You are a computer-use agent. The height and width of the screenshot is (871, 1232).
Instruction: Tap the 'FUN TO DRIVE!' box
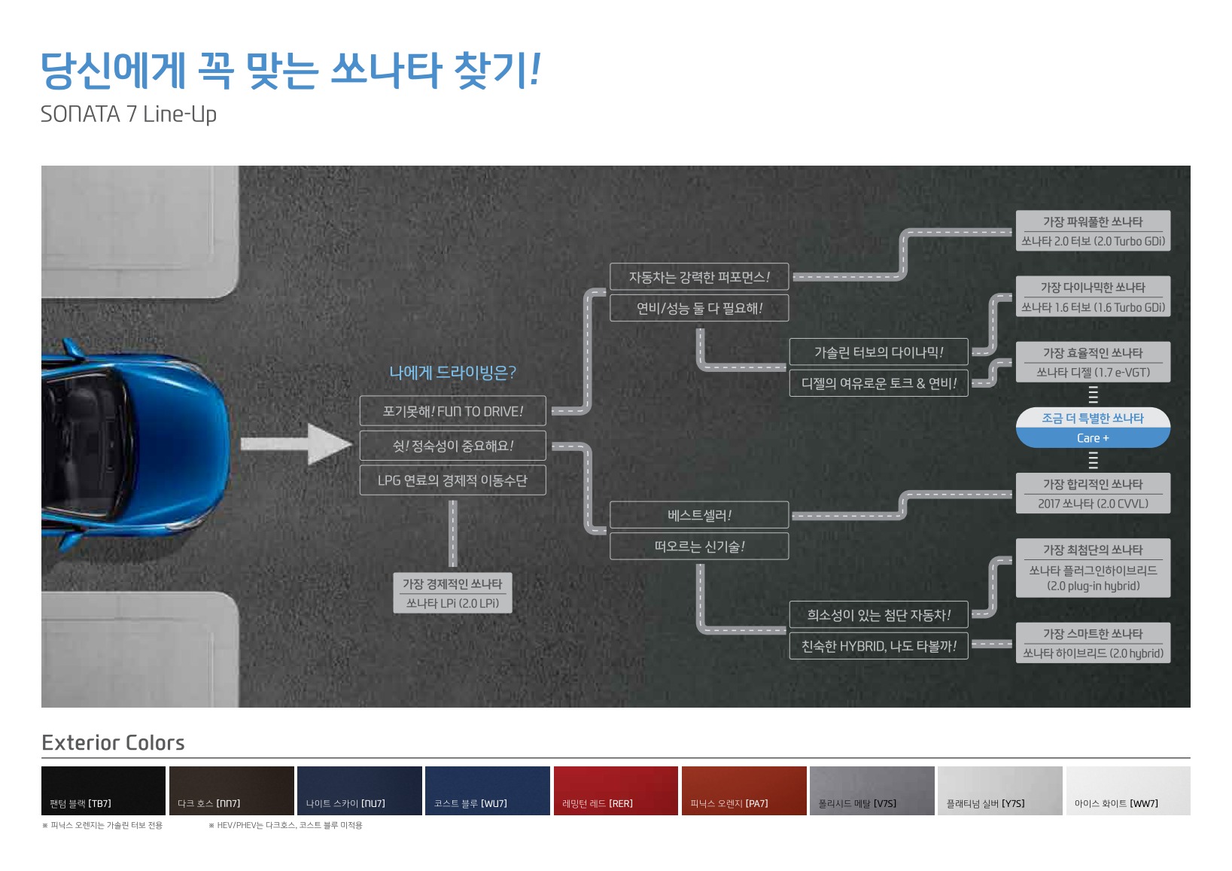click(452, 411)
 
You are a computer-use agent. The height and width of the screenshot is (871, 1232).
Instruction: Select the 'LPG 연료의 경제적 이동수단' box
click(452, 480)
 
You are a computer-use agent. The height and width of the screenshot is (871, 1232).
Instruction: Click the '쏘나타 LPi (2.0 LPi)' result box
click(452, 593)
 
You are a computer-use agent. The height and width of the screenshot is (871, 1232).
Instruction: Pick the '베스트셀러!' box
click(698, 515)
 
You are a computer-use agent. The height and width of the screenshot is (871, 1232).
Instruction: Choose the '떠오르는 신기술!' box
click(698, 547)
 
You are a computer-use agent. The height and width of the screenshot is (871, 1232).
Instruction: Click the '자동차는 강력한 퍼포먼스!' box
click(698, 277)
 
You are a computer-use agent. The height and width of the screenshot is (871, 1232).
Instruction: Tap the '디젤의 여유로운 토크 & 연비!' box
click(878, 383)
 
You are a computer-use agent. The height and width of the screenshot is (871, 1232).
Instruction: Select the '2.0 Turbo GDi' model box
click(1093, 231)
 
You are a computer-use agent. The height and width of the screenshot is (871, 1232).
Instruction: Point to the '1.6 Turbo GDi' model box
click(1093, 297)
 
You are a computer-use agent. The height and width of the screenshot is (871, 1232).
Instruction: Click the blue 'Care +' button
click(1093, 437)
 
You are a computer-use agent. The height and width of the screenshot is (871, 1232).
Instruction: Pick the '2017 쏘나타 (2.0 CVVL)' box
click(1093, 494)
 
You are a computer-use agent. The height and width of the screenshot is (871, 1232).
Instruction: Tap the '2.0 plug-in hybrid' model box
click(1093, 568)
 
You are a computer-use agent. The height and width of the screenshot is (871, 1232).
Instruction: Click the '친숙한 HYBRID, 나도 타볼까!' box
click(878, 646)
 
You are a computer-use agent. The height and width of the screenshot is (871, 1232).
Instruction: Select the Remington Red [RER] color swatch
click(616, 790)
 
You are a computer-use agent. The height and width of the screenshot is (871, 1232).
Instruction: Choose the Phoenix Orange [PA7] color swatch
click(744, 790)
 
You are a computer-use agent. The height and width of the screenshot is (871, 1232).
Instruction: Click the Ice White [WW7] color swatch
click(1127, 790)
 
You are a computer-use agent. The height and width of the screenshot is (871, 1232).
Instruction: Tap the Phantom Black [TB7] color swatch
click(103, 790)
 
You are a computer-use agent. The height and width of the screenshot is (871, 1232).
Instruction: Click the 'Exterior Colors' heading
click(113, 743)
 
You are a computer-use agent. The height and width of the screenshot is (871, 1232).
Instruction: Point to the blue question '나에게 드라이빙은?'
click(452, 373)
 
